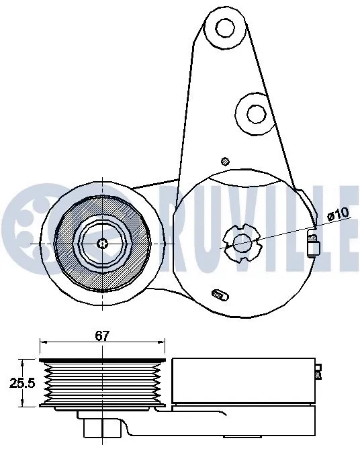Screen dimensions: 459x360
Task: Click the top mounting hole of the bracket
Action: [x=224, y=28]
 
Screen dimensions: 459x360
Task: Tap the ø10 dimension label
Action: [x=338, y=214]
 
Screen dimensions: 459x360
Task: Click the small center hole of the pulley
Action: [x=102, y=244]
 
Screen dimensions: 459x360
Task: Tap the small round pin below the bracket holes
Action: [x=226, y=160]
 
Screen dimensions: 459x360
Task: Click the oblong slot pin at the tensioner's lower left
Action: [x=219, y=293]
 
